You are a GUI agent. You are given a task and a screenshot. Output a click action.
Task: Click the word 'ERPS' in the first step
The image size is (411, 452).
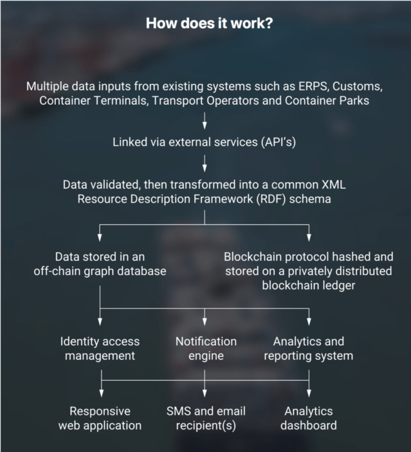coord(306,87)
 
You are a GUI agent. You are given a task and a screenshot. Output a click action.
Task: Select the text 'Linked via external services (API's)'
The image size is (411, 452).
coord(205,142)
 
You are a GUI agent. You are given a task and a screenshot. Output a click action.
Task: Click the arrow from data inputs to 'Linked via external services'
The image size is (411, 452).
coord(205,119)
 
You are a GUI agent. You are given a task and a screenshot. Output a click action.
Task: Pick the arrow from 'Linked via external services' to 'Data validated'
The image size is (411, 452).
coord(205,163)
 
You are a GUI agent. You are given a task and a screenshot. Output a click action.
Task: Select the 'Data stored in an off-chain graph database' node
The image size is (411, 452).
coord(100,263)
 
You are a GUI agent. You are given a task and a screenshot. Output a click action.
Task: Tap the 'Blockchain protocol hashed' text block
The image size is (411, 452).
coord(309,271)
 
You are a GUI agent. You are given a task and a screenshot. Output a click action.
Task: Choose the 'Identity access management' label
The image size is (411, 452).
coord(100,348)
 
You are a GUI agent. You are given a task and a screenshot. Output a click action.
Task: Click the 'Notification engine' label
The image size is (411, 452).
coord(205,348)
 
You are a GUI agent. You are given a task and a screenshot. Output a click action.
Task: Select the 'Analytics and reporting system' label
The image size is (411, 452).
coord(309,348)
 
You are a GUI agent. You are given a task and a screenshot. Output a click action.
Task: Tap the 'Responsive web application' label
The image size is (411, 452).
coord(100,418)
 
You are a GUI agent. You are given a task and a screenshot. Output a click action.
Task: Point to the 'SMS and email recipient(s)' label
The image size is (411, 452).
coord(205,418)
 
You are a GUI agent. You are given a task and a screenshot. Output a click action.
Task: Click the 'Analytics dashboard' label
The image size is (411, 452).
coord(309,418)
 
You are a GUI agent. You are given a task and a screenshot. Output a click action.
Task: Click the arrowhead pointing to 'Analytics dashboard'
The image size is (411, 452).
coord(309,392)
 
